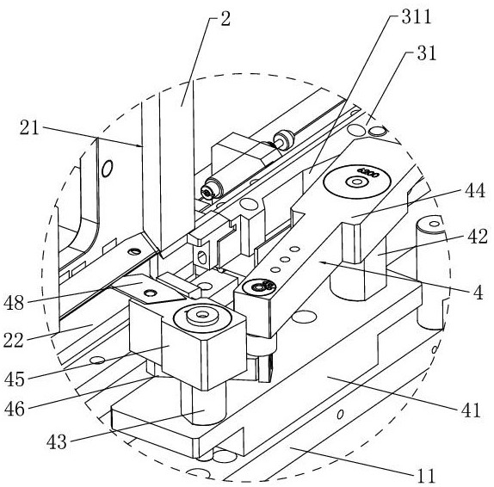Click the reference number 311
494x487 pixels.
(x=417, y=16)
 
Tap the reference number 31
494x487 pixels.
(x=427, y=53)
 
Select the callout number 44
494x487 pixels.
(x=475, y=190)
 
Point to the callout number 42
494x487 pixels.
(x=478, y=237)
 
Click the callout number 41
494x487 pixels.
(x=471, y=410)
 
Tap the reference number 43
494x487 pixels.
(x=57, y=442)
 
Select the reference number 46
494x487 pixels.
(x=14, y=410)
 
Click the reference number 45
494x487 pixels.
(x=14, y=379)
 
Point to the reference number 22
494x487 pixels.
(x=14, y=341)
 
